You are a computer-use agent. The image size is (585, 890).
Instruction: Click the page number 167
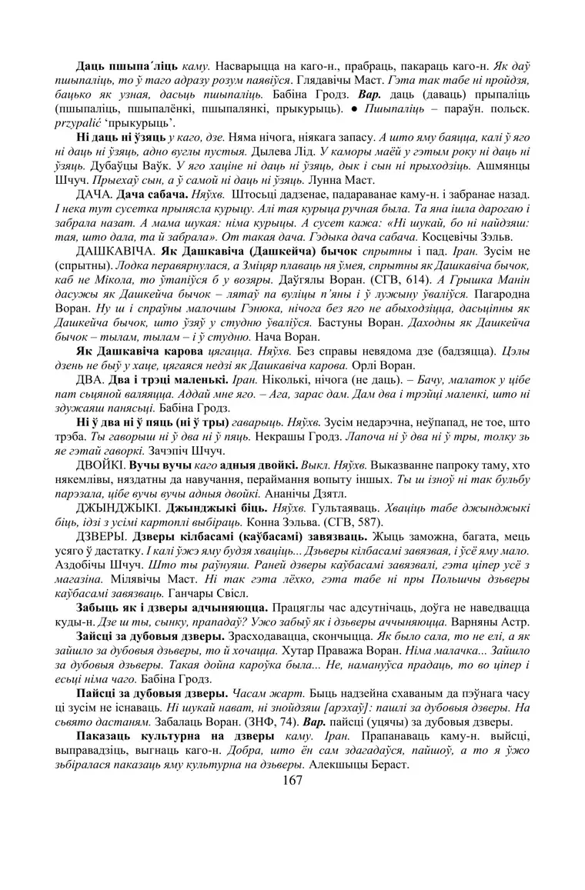point(292,780)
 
